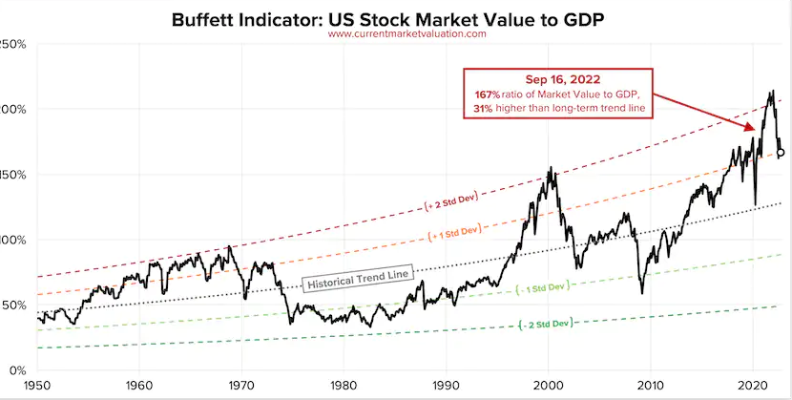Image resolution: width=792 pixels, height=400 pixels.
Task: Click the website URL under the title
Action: pos(407,33)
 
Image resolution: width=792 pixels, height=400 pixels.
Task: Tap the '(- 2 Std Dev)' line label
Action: pos(545,324)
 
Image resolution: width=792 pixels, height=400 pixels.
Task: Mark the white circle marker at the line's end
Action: pos(781,152)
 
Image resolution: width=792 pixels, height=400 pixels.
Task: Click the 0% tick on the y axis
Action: pos(13,369)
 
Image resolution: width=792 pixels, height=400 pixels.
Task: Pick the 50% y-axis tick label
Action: pos(11,305)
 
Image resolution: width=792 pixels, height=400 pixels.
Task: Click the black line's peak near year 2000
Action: pos(550,169)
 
